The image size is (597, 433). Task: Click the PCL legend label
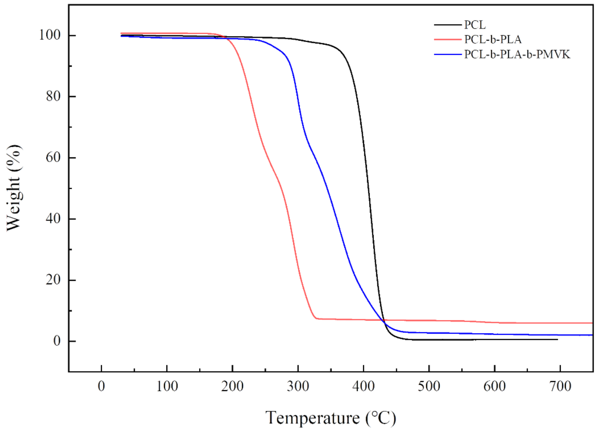(475, 25)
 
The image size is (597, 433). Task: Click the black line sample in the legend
(448, 25)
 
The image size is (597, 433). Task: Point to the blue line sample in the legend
(448, 54)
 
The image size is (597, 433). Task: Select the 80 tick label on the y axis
(53, 96)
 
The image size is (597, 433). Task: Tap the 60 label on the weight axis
(53, 158)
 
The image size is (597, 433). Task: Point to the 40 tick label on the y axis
(53, 219)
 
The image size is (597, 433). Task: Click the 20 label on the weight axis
(53, 280)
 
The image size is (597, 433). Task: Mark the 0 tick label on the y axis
(57, 341)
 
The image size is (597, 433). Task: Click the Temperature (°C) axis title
(331, 418)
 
